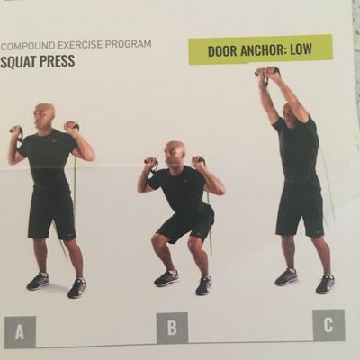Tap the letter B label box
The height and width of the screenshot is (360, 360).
click(x=171, y=327)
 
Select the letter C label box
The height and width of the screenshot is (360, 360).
click(x=328, y=325)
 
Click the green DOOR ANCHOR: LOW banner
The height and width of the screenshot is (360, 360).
click(x=260, y=49)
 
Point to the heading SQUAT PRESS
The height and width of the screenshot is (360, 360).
click(x=38, y=63)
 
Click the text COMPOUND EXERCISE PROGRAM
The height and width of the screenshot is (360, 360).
click(x=76, y=43)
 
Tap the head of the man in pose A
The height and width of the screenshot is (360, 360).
click(x=45, y=115)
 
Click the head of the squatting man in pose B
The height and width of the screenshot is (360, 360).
click(x=176, y=152)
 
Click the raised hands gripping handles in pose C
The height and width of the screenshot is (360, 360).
click(x=267, y=73)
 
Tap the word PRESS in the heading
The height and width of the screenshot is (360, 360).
click(x=56, y=63)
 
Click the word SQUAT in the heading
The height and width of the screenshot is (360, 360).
click(x=17, y=63)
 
